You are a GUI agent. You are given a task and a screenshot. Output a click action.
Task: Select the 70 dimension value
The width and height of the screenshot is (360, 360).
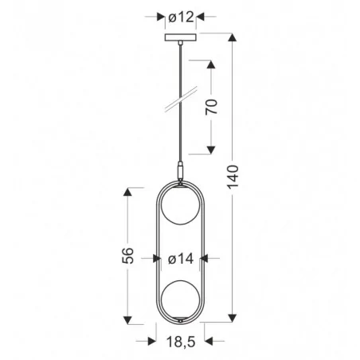point(211,107)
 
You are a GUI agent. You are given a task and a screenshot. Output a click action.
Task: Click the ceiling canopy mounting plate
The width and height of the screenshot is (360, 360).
point(180,38)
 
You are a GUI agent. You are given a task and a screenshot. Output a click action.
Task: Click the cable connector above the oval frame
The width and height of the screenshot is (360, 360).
point(180,170)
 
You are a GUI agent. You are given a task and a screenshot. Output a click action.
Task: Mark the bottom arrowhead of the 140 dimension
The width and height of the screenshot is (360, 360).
point(233,318)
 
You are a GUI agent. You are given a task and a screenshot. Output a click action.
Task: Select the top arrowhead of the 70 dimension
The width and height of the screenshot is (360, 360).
point(211,63)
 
